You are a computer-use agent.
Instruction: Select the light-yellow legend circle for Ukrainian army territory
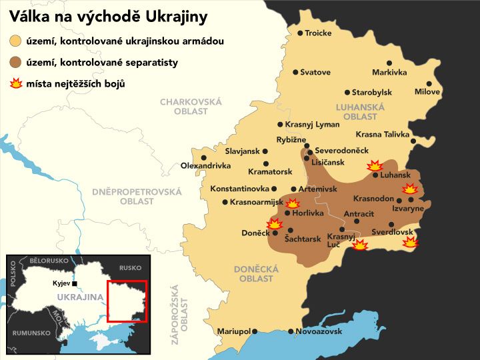pos(15,41)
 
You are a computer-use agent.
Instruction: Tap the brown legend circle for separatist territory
pos(15,63)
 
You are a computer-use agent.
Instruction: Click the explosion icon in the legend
pos(15,84)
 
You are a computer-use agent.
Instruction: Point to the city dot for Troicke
pos(300,33)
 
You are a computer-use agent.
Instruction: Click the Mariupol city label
pos(233,331)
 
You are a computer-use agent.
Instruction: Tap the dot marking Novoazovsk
pos(291,331)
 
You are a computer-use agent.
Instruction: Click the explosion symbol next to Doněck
pos(274,225)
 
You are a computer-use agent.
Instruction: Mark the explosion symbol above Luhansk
pos(375,165)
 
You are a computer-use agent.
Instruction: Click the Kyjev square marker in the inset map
pos(75,284)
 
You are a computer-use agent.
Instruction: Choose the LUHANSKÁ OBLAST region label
pos(361,111)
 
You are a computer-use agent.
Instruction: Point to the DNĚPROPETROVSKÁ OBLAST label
pos(137,196)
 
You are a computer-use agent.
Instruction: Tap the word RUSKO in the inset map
pos(130,268)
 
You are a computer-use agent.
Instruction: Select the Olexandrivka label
pos(206,165)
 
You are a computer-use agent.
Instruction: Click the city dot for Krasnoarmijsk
pos(225,202)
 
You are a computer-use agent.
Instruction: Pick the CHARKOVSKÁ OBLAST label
pos(191,107)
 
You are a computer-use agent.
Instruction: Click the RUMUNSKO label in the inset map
pos(31,333)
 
